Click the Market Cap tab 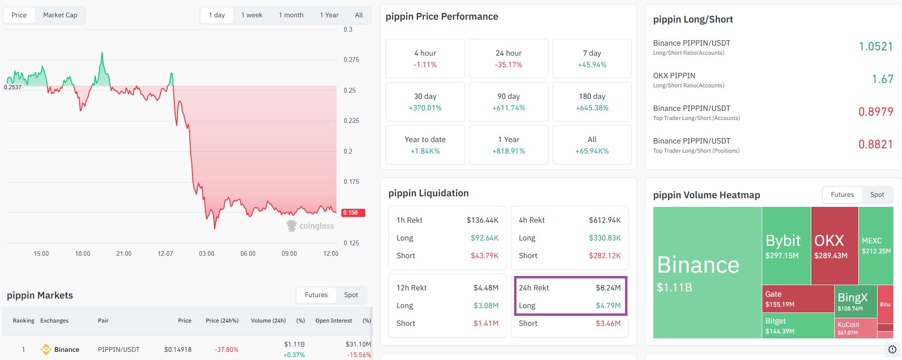(x=60, y=15)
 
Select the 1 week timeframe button (x=252, y=15)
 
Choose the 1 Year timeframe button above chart (x=329, y=15)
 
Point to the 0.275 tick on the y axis (x=351, y=60)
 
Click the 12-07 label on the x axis (x=165, y=253)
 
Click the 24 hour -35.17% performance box (x=508, y=59)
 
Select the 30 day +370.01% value (x=425, y=108)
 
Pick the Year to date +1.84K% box (x=425, y=145)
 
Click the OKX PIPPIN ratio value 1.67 (x=882, y=79)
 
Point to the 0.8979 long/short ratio (x=876, y=112)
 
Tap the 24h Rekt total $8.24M (x=608, y=288)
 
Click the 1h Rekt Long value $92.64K (x=484, y=238)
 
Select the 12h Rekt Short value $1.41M (x=486, y=324)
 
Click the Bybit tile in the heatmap (x=786, y=245)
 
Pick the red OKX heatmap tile (x=834, y=245)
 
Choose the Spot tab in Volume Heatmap (x=877, y=194)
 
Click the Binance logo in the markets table (x=46, y=349)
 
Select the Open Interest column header (x=333, y=321)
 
